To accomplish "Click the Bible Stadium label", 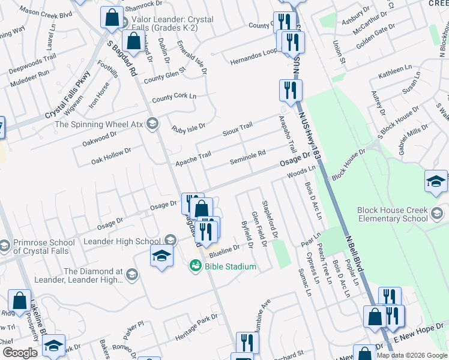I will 231,266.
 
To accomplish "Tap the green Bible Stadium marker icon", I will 196,265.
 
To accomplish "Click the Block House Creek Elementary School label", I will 391,214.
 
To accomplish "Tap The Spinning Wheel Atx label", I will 100,124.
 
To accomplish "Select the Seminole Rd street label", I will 247,158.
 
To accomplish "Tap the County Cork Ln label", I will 174,97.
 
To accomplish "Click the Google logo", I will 20,353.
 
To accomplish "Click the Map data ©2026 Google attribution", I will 411,355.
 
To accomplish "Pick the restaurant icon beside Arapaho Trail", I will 291,90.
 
